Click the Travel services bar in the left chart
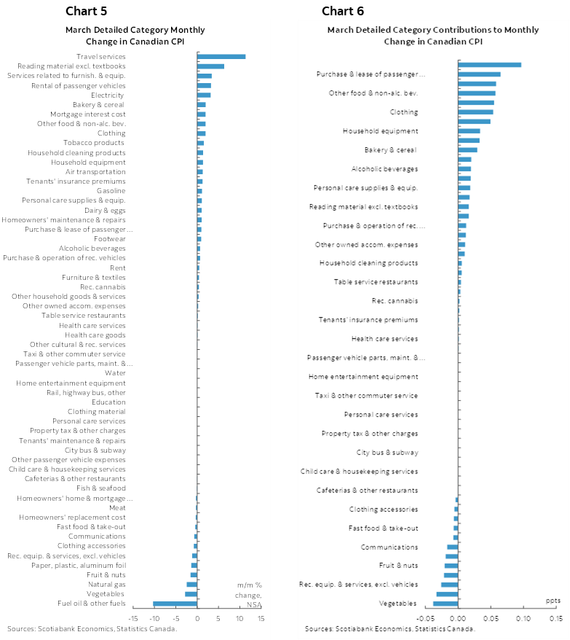(x=221, y=56)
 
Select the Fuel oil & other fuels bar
(x=175, y=604)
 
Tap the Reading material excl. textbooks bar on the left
(x=210, y=66)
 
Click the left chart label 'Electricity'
(x=108, y=95)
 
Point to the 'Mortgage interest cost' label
(x=87, y=114)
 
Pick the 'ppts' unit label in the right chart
(x=553, y=601)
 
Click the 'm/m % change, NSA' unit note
(x=249, y=594)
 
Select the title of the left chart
(x=135, y=35)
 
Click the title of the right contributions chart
(x=432, y=35)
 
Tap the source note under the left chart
(x=92, y=628)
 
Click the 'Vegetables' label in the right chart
(x=398, y=604)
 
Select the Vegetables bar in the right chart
(x=446, y=604)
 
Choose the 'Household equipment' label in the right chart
(x=380, y=131)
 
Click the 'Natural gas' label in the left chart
(x=107, y=585)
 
